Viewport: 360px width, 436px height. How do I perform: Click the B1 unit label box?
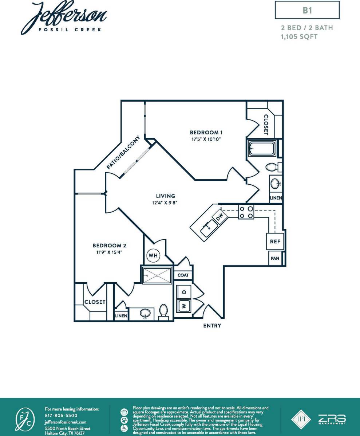pyautogui.click(x=307, y=10)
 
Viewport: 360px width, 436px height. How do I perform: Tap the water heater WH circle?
pyautogui.click(x=153, y=256)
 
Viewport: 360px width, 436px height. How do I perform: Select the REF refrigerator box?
pyautogui.click(x=275, y=241)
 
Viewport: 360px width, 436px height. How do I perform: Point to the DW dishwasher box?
pyautogui.click(x=219, y=217)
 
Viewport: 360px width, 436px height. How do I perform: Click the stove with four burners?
pyautogui.click(x=246, y=212)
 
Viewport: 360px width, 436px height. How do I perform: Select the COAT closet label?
pyautogui.click(x=183, y=275)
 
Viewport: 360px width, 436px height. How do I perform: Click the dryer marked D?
pyautogui.click(x=183, y=292)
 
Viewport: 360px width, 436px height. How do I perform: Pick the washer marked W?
pyautogui.click(x=183, y=306)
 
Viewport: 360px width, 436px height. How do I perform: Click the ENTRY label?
pyautogui.click(x=212, y=326)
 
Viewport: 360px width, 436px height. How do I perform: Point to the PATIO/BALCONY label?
pyautogui.click(x=123, y=152)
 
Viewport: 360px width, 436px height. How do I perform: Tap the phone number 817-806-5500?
pyautogui.click(x=61, y=415)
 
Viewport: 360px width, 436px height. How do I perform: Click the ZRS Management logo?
pyautogui.click(x=332, y=419)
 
